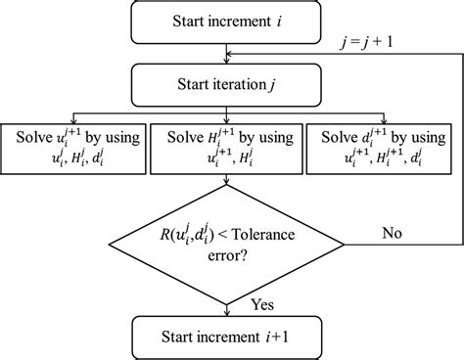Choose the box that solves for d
point(384,144)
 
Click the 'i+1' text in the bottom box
point(284,338)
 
